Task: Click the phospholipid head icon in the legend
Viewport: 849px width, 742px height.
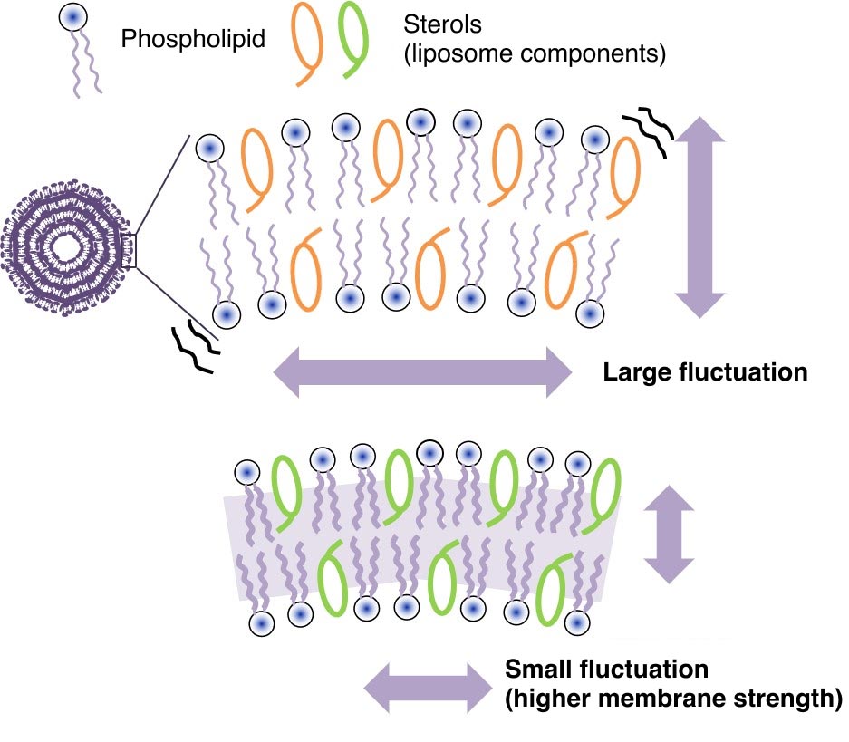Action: [72, 17]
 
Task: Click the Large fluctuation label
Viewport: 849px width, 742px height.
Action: [705, 371]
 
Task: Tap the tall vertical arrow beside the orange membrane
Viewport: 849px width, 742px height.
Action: [700, 217]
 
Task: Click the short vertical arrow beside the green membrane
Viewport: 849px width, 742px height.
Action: [669, 534]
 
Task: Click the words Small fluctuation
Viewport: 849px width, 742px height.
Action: [605, 670]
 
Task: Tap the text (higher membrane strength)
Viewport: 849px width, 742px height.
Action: [672, 699]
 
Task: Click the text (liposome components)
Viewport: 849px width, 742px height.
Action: [534, 53]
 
